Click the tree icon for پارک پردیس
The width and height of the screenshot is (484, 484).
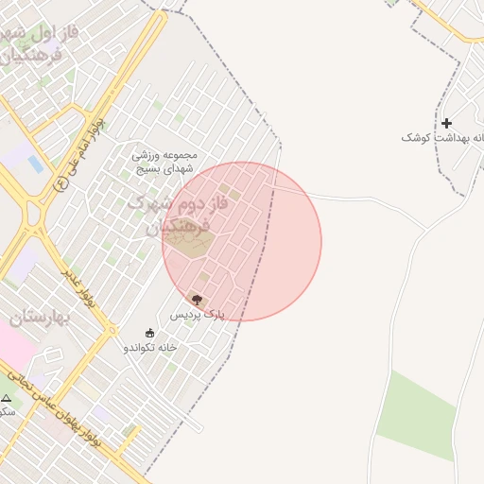pyautogui.click(x=197, y=300)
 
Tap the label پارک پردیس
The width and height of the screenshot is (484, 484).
pyautogui.click(x=198, y=314)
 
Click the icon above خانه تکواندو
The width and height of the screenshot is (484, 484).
pyautogui.click(x=149, y=333)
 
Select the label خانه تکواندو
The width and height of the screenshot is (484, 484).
pyautogui.click(x=149, y=347)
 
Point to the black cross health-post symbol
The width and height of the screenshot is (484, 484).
pyautogui.click(x=446, y=123)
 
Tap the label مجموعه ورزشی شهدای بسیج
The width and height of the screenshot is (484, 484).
pyautogui.click(x=164, y=161)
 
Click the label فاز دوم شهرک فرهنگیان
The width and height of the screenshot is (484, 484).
pyautogui.click(x=164, y=216)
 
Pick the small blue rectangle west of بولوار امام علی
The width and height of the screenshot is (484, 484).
pyautogui.click(x=35, y=164)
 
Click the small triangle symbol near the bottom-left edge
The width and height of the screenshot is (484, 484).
pyautogui.click(x=6, y=399)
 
